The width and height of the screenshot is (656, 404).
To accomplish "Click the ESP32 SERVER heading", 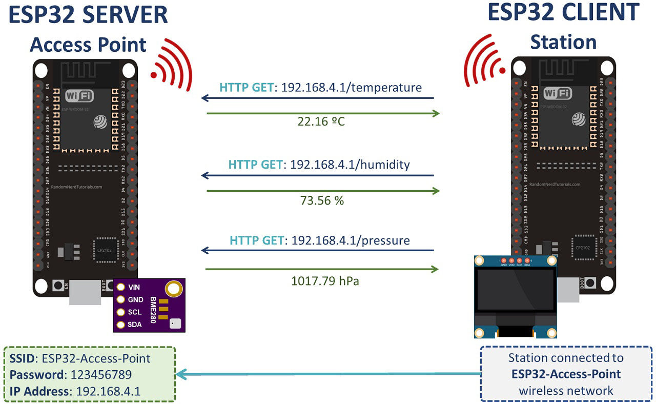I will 89,15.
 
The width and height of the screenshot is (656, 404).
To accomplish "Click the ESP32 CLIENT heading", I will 563,12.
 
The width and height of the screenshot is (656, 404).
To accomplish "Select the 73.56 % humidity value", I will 322,200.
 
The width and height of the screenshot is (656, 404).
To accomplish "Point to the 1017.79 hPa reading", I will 322,280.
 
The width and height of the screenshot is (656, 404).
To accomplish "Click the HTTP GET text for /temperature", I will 247,88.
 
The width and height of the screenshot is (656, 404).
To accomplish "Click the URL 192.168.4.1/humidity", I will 350,165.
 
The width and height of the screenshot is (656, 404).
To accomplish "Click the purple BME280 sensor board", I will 149,306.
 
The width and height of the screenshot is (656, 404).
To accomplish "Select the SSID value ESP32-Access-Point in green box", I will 96,358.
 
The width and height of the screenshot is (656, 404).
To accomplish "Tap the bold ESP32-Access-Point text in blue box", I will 566,374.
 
